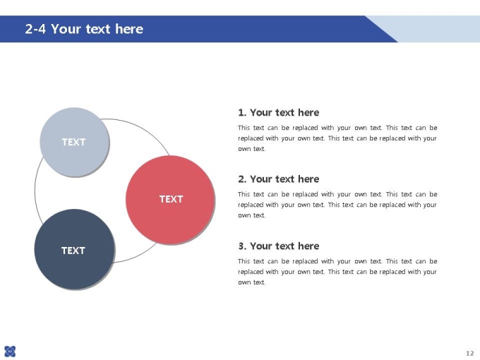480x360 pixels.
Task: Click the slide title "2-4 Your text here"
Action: [x=84, y=29]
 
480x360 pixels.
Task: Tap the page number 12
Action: [x=470, y=353]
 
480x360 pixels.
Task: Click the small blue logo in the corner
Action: [x=10, y=351]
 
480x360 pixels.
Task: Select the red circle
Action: [x=170, y=200]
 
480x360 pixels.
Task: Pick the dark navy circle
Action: [x=74, y=249]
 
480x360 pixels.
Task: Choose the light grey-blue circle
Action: [x=74, y=142]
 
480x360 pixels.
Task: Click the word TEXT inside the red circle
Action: [x=171, y=199]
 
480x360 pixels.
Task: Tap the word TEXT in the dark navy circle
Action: [x=73, y=251]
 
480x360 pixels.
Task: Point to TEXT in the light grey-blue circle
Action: [x=74, y=142]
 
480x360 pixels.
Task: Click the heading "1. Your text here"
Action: [x=279, y=112]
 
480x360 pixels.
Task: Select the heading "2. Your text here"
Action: [x=279, y=179]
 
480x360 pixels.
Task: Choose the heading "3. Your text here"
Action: [x=279, y=246]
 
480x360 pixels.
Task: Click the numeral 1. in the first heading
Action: [x=242, y=112]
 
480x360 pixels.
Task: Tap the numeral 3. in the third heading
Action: [x=242, y=246]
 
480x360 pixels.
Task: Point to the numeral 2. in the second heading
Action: [x=242, y=179]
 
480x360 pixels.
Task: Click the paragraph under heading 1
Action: [x=337, y=138]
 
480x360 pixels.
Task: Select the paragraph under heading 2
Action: [x=337, y=205]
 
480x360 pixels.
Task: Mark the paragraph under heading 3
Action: [x=337, y=272]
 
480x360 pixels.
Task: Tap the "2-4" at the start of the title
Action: [x=35, y=29]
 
